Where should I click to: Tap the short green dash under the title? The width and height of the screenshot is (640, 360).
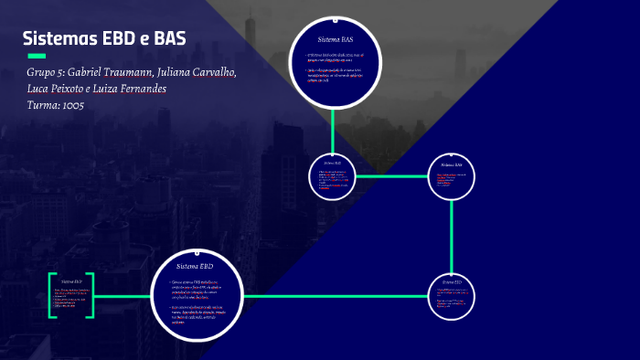[x=37, y=57]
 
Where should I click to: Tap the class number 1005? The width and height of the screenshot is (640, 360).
[x=74, y=105]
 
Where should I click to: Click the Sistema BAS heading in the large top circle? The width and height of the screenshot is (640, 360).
[x=335, y=40]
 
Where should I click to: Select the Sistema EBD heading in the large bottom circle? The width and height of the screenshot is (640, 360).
[x=195, y=265]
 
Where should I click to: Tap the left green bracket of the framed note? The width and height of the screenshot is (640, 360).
[x=51, y=294]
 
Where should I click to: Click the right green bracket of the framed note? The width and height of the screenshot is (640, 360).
[x=90, y=294]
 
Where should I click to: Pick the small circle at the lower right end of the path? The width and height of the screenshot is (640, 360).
[x=452, y=296]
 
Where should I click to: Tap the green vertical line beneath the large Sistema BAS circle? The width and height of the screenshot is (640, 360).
[x=334, y=127]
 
